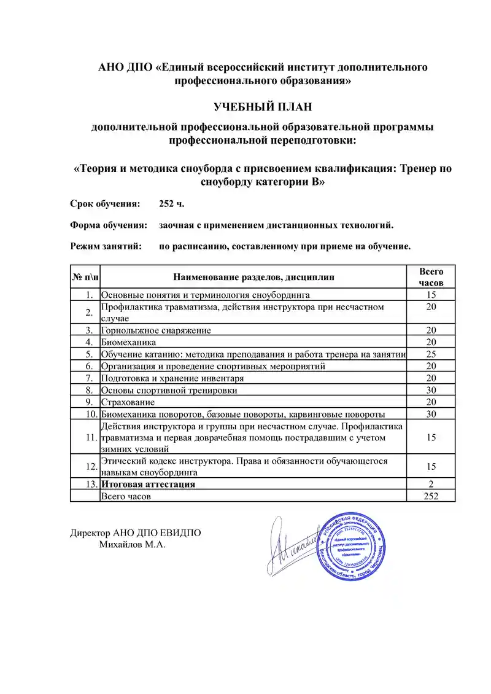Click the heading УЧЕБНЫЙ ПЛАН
click(x=263, y=107)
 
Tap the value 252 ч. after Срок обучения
click(x=171, y=204)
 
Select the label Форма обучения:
click(x=108, y=225)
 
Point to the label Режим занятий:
click(x=106, y=247)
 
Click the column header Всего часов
click(x=431, y=277)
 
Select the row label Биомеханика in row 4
click(x=128, y=341)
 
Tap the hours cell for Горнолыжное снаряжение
click(x=431, y=330)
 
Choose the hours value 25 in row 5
click(x=431, y=354)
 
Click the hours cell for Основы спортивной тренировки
click(x=431, y=390)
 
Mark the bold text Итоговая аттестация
click(x=148, y=484)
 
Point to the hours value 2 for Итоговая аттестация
click(x=431, y=484)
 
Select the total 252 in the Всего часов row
click(x=431, y=496)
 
